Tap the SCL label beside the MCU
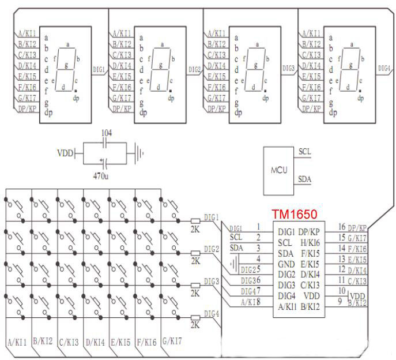(x=305, y=152)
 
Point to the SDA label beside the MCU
(x=305, y=180)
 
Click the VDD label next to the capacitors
(x=65, y=153)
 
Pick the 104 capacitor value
(x=106, y=133)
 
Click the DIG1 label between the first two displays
(x=99, y=69)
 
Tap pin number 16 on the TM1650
(x=341, y=227)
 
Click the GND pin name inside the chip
(x=286, y=264)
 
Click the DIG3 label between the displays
(x=289, y=68)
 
